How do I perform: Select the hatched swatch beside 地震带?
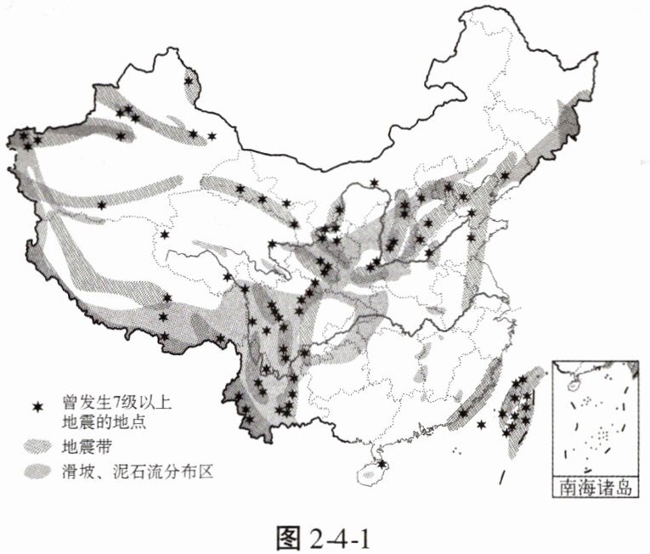(x=37, y=445)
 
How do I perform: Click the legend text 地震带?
(x=80, y=445)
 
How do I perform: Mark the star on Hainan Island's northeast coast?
(x=383, y=464)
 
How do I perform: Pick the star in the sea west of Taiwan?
(x=482, y=424)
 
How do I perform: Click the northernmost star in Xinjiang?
(x=189, y=81)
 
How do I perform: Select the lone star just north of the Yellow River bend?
(x=374, y=182)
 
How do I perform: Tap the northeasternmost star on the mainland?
(x=506, y=176)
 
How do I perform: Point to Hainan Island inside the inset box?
(x=567, y=373)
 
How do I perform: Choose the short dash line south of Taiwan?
(x=502, y=478)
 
